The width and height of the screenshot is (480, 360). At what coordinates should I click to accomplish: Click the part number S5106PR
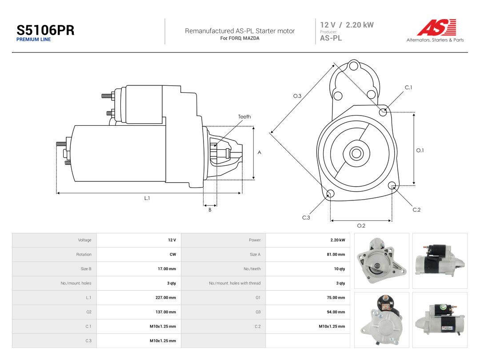45,30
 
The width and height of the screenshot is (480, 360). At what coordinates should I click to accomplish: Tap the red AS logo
436,27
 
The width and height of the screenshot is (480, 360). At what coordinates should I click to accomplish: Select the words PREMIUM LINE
33,40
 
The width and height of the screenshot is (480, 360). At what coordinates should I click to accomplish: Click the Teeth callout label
244,116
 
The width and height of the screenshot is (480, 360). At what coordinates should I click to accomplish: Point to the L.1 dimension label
147,198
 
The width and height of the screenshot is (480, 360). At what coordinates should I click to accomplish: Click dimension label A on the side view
259,152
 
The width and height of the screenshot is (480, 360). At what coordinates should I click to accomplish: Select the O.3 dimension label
297,96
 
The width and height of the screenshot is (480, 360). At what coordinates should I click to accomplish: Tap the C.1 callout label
408,88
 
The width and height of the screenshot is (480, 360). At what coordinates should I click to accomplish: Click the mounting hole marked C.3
330,193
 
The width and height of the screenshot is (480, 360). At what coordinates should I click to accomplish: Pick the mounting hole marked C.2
392,185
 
